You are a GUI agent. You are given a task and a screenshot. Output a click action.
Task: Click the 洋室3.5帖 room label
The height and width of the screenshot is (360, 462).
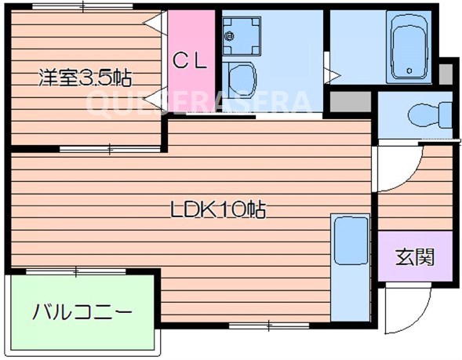(x=85, y=78)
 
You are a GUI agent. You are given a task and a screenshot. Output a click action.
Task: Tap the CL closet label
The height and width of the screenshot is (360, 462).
(x=191, y=60)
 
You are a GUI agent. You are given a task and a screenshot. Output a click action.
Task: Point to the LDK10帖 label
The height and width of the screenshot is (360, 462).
(x=217, y=210)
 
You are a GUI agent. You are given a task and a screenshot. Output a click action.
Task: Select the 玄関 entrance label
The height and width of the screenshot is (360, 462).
(x=414, y=256)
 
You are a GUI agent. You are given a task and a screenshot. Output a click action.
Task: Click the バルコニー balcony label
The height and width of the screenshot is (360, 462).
(x=82, y=312)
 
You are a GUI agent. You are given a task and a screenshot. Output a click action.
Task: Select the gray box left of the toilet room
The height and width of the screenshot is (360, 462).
(x=350, y=101)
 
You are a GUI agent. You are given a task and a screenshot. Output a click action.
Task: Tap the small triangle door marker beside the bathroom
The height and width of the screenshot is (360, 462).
(x=334, y=75)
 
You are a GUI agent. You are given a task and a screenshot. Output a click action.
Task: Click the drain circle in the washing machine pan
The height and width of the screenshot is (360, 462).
(x=230, y=34)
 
